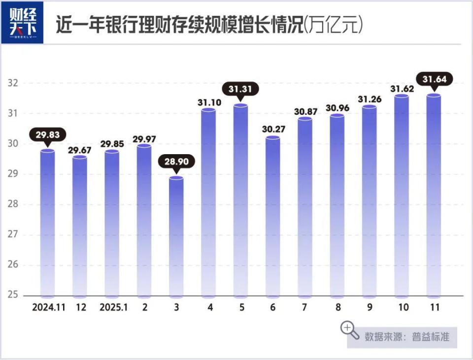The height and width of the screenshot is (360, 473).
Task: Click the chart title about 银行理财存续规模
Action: pyautogui.click(x=209, y=25)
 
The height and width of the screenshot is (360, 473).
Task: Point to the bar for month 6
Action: pyautogui.click(x=273, y=217)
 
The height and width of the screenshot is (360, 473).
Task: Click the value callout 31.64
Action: pyautogui.click(x=434, y=79)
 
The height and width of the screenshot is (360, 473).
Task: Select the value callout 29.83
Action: pyautogui.click(x=47, y=134)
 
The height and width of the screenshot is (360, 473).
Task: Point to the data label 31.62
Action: pyautogui.click(x=402, y=89)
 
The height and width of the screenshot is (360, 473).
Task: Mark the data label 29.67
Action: pyautogui.click(x=80, y=150)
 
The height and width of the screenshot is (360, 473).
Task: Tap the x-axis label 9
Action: pyautogui.click(x=370, y=307)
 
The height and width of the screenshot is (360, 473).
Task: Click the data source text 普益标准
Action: pyautogui.click(x=431, y=337)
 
